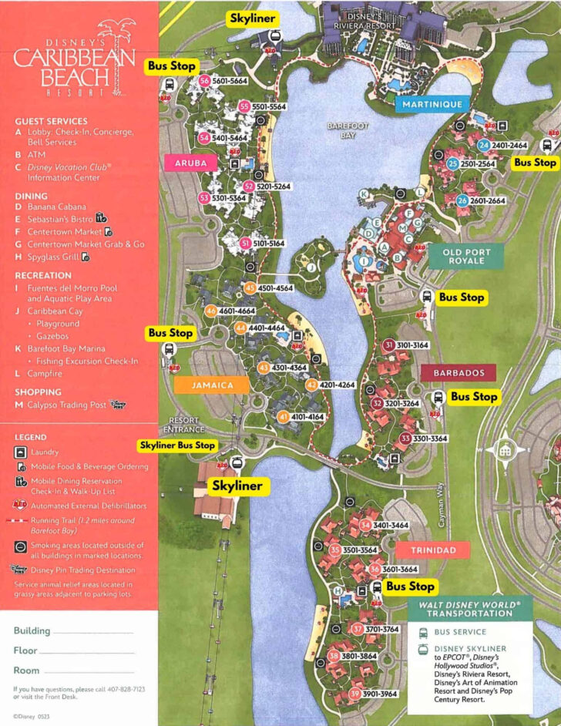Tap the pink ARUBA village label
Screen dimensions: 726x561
(191, 163)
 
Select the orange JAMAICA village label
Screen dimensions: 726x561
(202, 384)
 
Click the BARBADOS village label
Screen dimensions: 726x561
(459, 373)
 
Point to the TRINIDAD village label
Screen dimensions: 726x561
(433, 550)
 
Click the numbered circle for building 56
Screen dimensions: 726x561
(204, 81)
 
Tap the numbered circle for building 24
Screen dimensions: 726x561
(483, 145)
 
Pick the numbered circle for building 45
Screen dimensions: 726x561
(249, 288)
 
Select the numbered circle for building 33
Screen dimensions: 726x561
(405, 439)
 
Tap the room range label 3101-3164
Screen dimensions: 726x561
(413, 345)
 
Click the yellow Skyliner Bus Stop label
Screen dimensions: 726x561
(177, 445)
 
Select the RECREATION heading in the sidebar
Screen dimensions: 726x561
(43, 275)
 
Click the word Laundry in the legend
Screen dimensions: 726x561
(44, 452)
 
